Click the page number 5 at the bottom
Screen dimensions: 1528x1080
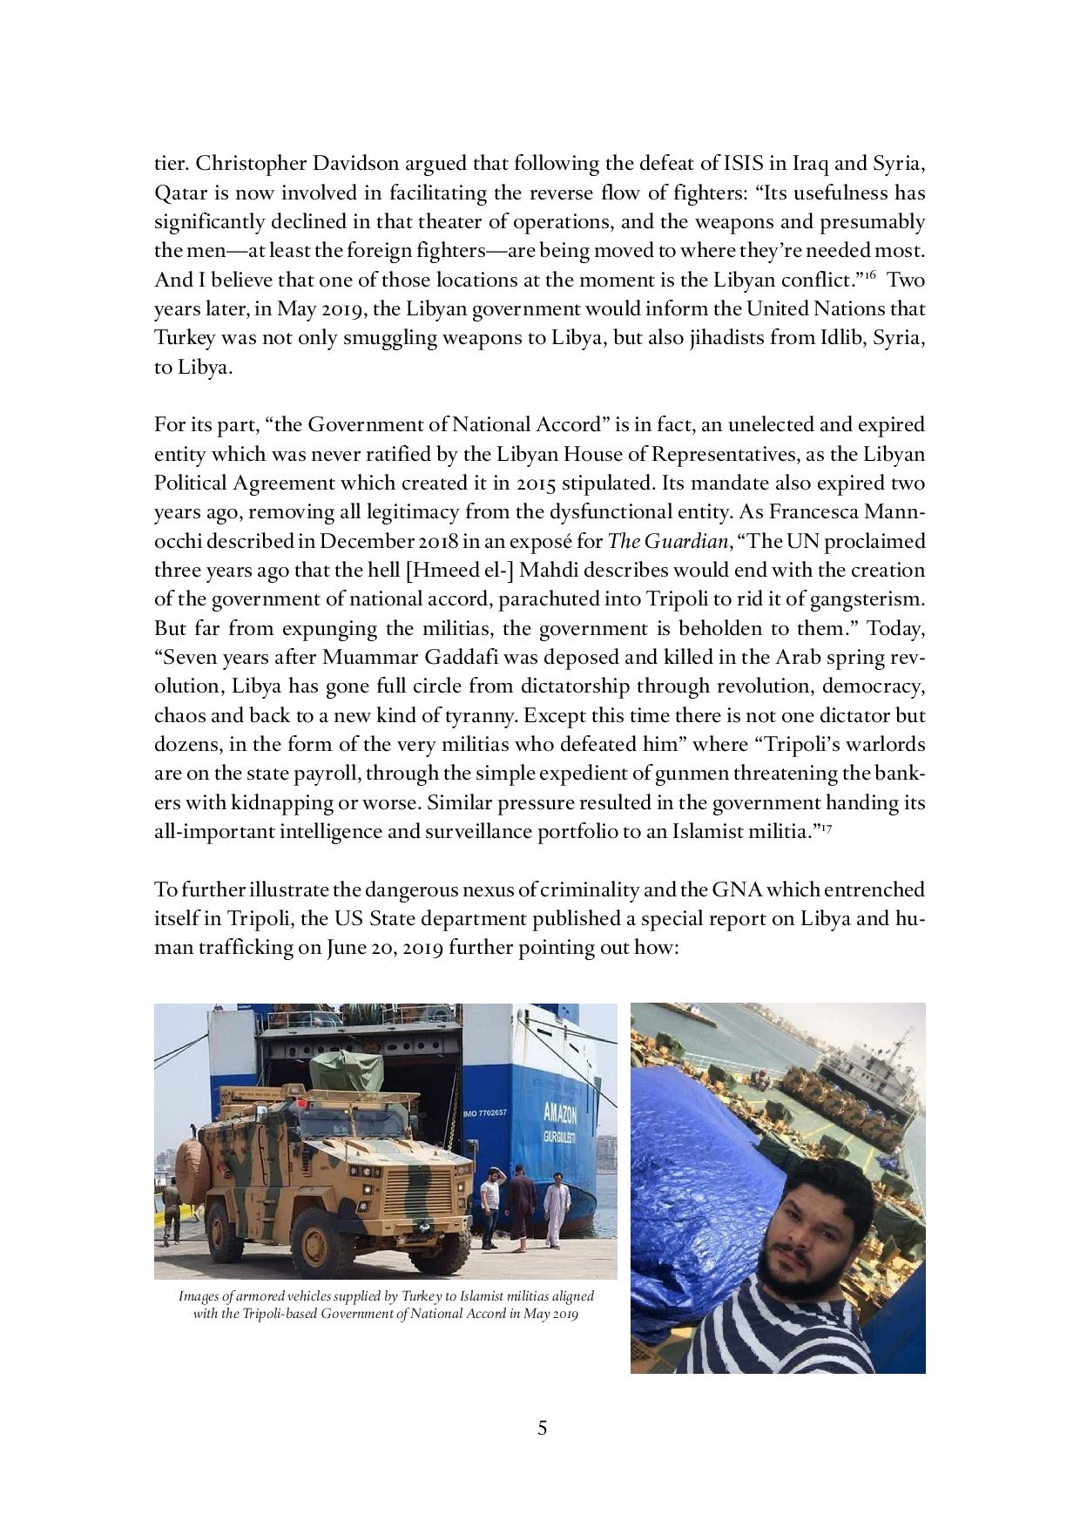coord(542,1429)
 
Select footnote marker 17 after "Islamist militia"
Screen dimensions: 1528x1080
coord(827,827)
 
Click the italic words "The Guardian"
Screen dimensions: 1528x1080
coord(666,542)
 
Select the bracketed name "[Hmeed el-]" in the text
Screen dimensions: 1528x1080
coord(450,571)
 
